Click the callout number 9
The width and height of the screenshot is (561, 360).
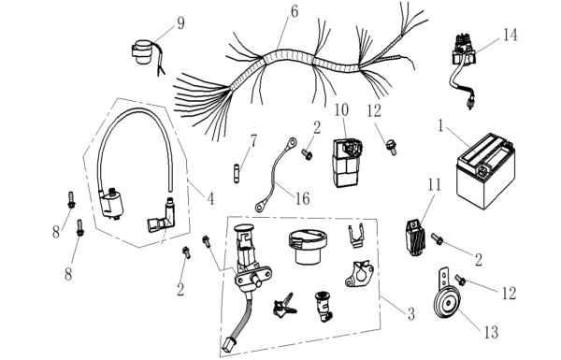[x=180, y=23]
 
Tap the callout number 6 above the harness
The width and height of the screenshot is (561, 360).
[x=295, y=12]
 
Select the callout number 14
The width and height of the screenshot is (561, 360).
[x=510, y=36]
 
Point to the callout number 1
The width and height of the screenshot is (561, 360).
[x=440, y=126]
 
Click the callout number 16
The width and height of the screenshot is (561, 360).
[x=302, y=198]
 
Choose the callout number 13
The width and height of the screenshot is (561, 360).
[x=491, y=333]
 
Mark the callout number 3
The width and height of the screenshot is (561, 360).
[x=411, y=314]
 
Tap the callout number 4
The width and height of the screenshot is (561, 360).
[x=210, y=198]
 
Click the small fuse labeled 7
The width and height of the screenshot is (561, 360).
[x=237, y=173]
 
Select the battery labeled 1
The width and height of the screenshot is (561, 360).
[x=485, y=171]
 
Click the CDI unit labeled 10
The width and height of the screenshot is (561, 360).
[x=346, y=162]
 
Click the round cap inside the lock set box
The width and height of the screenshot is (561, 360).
[x=307, y=247]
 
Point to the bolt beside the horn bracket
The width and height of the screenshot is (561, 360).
[x=459, y=280]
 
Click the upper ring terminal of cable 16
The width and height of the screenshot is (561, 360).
[x=291, y=143]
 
